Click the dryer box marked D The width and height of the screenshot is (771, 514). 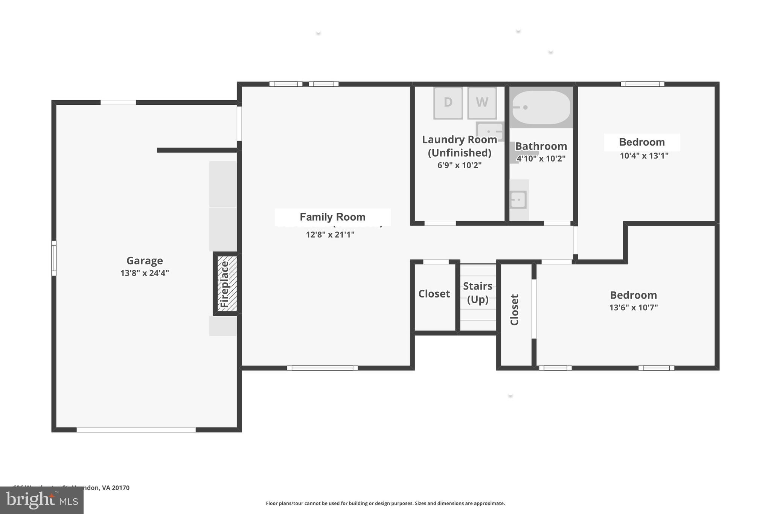pyautogui.click(x=448, y=103)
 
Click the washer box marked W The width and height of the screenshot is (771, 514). pyautogui.click(x=482, y=103)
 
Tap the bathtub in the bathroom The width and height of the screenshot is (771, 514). pyautogui.click(x=541, y=107)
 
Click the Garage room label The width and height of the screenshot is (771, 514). pyautogui.click(x=145, y=261)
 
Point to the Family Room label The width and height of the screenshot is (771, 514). pyautogui.click(x=332, y=217)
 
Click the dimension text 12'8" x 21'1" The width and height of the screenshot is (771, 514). pyautogui.click(x=330, y=235)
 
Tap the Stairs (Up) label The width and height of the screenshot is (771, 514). pyautogui.click(x=478, y=293)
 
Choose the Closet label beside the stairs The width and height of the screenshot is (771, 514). pyautogui.click(x=434, y=294)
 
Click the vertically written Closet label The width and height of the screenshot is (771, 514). pyautogui.click(x=515, y=310)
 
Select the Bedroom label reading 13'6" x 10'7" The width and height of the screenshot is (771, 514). pyautogui.click(x=633, y=295)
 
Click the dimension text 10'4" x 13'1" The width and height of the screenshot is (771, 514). pyautogui.click(x=644, y=156)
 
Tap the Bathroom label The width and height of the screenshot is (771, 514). pyautogui.click(x=541, y=146)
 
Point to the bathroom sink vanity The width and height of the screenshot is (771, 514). pyautogui.click(x=519, y=200)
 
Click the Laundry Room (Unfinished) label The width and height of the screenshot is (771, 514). pyautogui.click(x=459, y=146)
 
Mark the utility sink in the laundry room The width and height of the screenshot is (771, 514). pyautogui.click(x=489, y=131)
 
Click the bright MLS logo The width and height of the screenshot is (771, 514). pyautogui.click(x=42, y=500)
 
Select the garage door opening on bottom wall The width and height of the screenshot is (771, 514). pyautogui.click(x=136, y=430)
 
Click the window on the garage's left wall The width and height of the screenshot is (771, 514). pyautogui.click(x=54, y=258)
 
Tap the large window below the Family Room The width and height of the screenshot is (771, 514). pyautogui.click(x=322, y=368)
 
